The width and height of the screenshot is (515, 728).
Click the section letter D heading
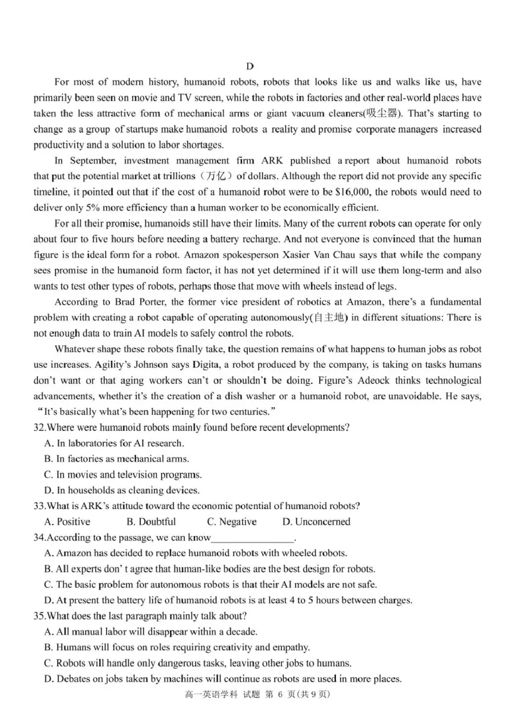click(250, 66)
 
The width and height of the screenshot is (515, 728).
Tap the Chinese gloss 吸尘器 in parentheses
click(382, 113)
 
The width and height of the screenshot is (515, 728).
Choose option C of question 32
click(122, 475)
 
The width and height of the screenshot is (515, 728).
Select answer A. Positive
click(67, 522)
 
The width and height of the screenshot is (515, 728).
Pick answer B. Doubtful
click(151, 522)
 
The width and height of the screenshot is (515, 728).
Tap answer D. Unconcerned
click(316, 522)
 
